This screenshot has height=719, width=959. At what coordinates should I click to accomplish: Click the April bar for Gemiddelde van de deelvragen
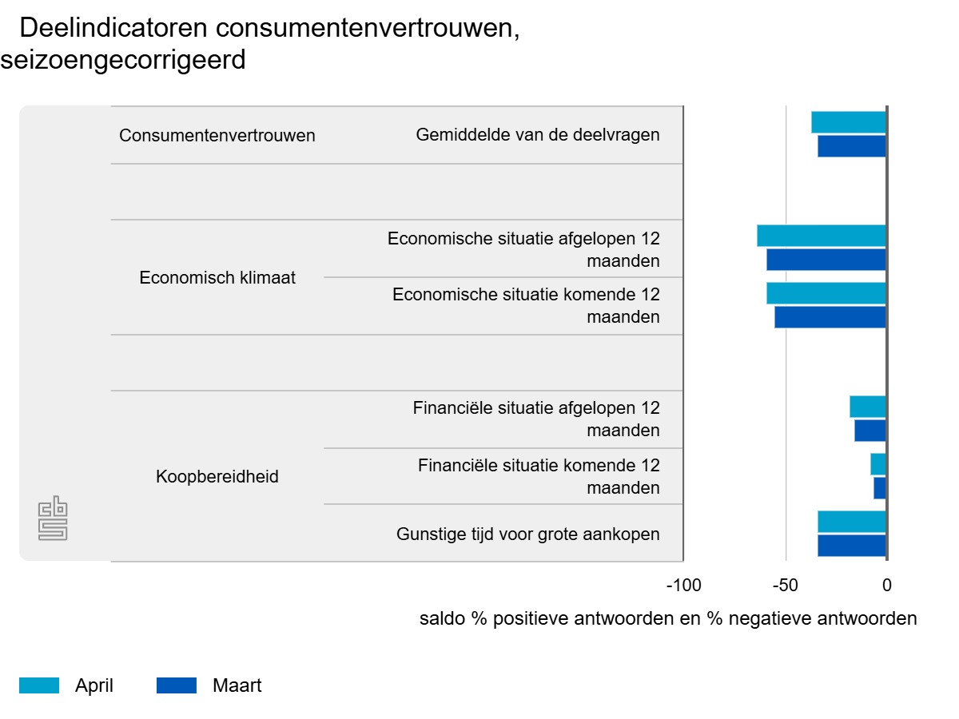849,122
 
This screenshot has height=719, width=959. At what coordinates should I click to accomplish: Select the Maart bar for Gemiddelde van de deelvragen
852,146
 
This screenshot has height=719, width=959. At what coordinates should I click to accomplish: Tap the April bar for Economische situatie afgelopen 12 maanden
822,236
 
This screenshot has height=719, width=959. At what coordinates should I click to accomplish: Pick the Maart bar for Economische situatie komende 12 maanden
830,317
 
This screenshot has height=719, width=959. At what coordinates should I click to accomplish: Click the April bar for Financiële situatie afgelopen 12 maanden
868,407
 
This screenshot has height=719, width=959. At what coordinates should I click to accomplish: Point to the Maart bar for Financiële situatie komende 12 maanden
880,488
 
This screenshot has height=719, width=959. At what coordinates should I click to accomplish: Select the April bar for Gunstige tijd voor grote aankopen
852,522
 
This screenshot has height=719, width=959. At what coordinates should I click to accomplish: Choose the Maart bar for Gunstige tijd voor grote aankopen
852,546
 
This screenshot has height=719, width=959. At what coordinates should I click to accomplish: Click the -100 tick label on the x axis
683,586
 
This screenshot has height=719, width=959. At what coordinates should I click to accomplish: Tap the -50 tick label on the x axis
785,586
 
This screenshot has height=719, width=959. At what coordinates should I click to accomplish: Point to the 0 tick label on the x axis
886,586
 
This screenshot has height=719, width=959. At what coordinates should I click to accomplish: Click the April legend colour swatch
39,685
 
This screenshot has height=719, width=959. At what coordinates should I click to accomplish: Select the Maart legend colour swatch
177,685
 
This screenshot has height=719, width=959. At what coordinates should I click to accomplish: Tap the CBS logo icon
54,519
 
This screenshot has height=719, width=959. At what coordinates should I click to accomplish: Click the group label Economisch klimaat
217,278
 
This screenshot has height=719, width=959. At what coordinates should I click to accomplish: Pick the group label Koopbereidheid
217,477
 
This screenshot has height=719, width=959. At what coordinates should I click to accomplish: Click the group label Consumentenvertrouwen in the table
217,136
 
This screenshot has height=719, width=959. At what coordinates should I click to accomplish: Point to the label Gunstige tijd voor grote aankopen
528,534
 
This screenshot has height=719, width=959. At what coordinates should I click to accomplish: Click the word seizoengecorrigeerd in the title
123,60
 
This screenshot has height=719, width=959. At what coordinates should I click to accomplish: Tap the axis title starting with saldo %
668,619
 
